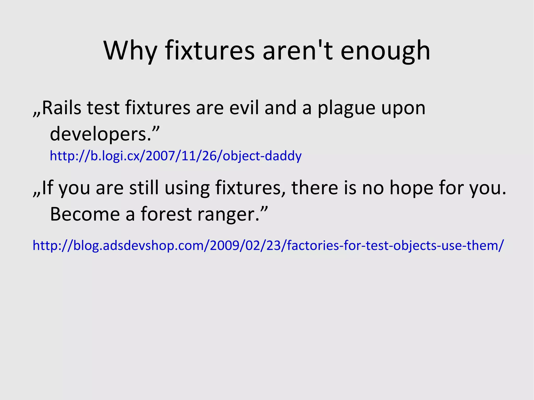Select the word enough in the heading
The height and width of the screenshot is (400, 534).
[x=385, y=51]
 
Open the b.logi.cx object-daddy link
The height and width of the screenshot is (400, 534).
[x=175, y=156]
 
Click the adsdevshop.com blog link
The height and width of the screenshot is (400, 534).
[x=268, y=245]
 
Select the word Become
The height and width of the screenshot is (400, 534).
[x=85, y=214]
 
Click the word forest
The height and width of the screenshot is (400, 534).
[x=166, y=214]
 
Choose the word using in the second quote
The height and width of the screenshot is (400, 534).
[x=187, y=188]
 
